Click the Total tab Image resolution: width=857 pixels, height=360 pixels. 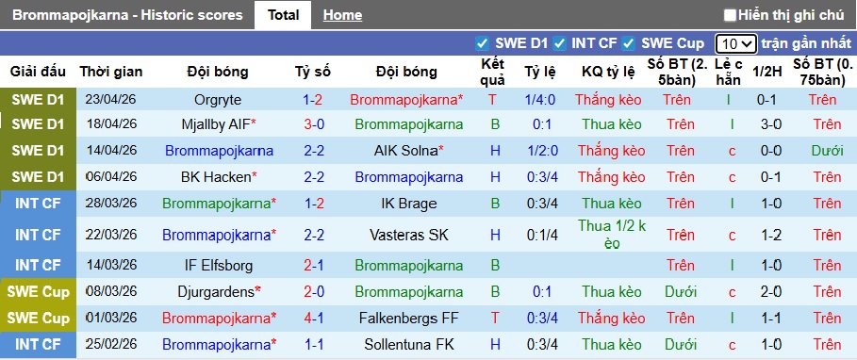pyautogui.click(x=283, y=15)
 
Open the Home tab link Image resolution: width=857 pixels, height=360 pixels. pyautogui.click(x=342, y=15)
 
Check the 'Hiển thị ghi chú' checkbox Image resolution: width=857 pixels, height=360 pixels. pyautogui.click(x=730, y=15)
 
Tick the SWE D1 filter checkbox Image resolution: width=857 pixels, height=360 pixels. pyautogui.click(x=483, y=43)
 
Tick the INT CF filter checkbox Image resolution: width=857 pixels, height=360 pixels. pyautogui.click(x=560, y=43)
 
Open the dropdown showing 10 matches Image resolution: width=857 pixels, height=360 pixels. pyautogui.click(x=735, y=43)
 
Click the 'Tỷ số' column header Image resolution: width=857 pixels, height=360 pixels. pyautogui.click(x=313, y=72)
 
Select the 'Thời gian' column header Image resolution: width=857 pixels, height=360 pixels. pyautogui.click(x=111, y=72)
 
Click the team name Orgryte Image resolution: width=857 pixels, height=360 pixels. pyautogui.click(x=218, y=100)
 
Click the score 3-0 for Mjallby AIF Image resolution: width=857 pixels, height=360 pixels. pyautogui.click(x=313, y=124)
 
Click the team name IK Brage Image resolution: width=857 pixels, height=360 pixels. pyautogui.click(x=406, y=203)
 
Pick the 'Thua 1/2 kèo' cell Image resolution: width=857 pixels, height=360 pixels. pyautogui.click(x=600, y=235)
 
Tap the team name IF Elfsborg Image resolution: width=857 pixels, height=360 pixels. pyautogui.click(x=218, y=266)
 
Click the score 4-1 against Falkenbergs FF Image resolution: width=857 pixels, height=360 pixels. pyautogui.click(x=313, y=319)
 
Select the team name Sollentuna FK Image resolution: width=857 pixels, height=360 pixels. pyautogui.click(x=406, y=345)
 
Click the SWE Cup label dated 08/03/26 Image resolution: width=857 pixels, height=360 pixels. pyautogui.click(x=39, y=292)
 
